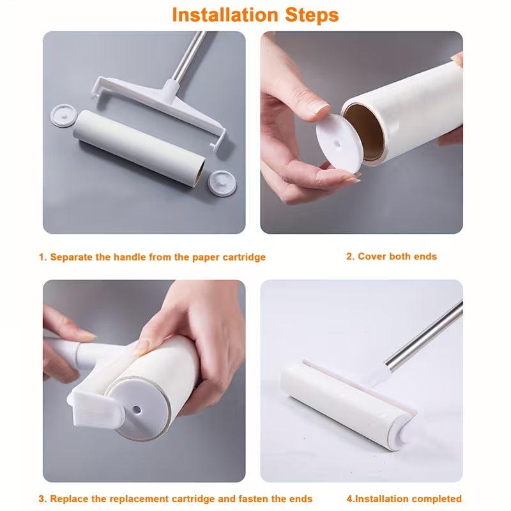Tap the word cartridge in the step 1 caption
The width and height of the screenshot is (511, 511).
[x=244, y=257]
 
